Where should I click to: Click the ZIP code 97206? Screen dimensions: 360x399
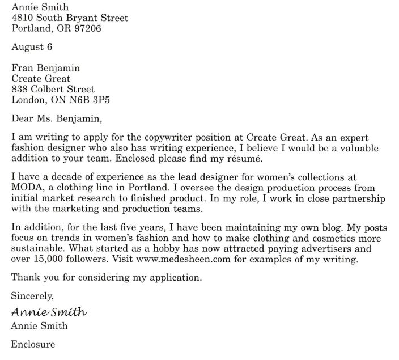tap(86, 28)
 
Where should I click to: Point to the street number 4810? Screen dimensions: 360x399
tap(24, 18)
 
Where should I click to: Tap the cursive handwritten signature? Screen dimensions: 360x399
tap(49, 312)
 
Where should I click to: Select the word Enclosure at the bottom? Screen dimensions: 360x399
tap(33, 343)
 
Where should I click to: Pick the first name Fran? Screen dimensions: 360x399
tap(22, 68)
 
